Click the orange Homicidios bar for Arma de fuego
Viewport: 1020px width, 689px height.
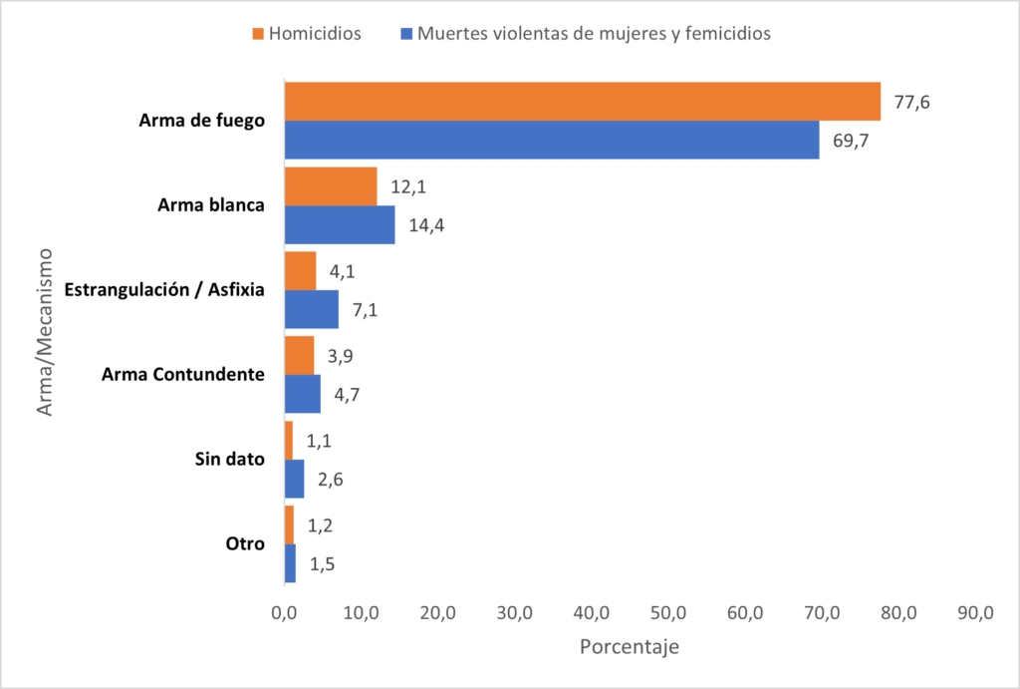coord(583,101)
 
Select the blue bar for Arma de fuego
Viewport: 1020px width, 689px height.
coord(552,140)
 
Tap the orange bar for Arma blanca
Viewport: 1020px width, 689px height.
coord(331,186)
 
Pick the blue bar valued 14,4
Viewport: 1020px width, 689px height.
coord(340,224)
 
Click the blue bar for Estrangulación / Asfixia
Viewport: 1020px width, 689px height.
coord(312,309)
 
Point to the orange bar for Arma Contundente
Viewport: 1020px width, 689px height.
coord(300,356)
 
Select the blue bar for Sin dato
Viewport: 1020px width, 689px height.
coord(295,479)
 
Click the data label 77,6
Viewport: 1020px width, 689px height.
coord(911,102)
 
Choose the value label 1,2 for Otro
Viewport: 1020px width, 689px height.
coord(321,525)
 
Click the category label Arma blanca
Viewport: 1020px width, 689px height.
coord(211,205)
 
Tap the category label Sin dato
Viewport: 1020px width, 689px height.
coord(229,460)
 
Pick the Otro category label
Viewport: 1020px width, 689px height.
coord(245,544)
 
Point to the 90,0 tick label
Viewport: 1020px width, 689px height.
coord(975,612)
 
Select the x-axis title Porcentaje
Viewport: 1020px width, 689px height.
coord(629,647)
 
